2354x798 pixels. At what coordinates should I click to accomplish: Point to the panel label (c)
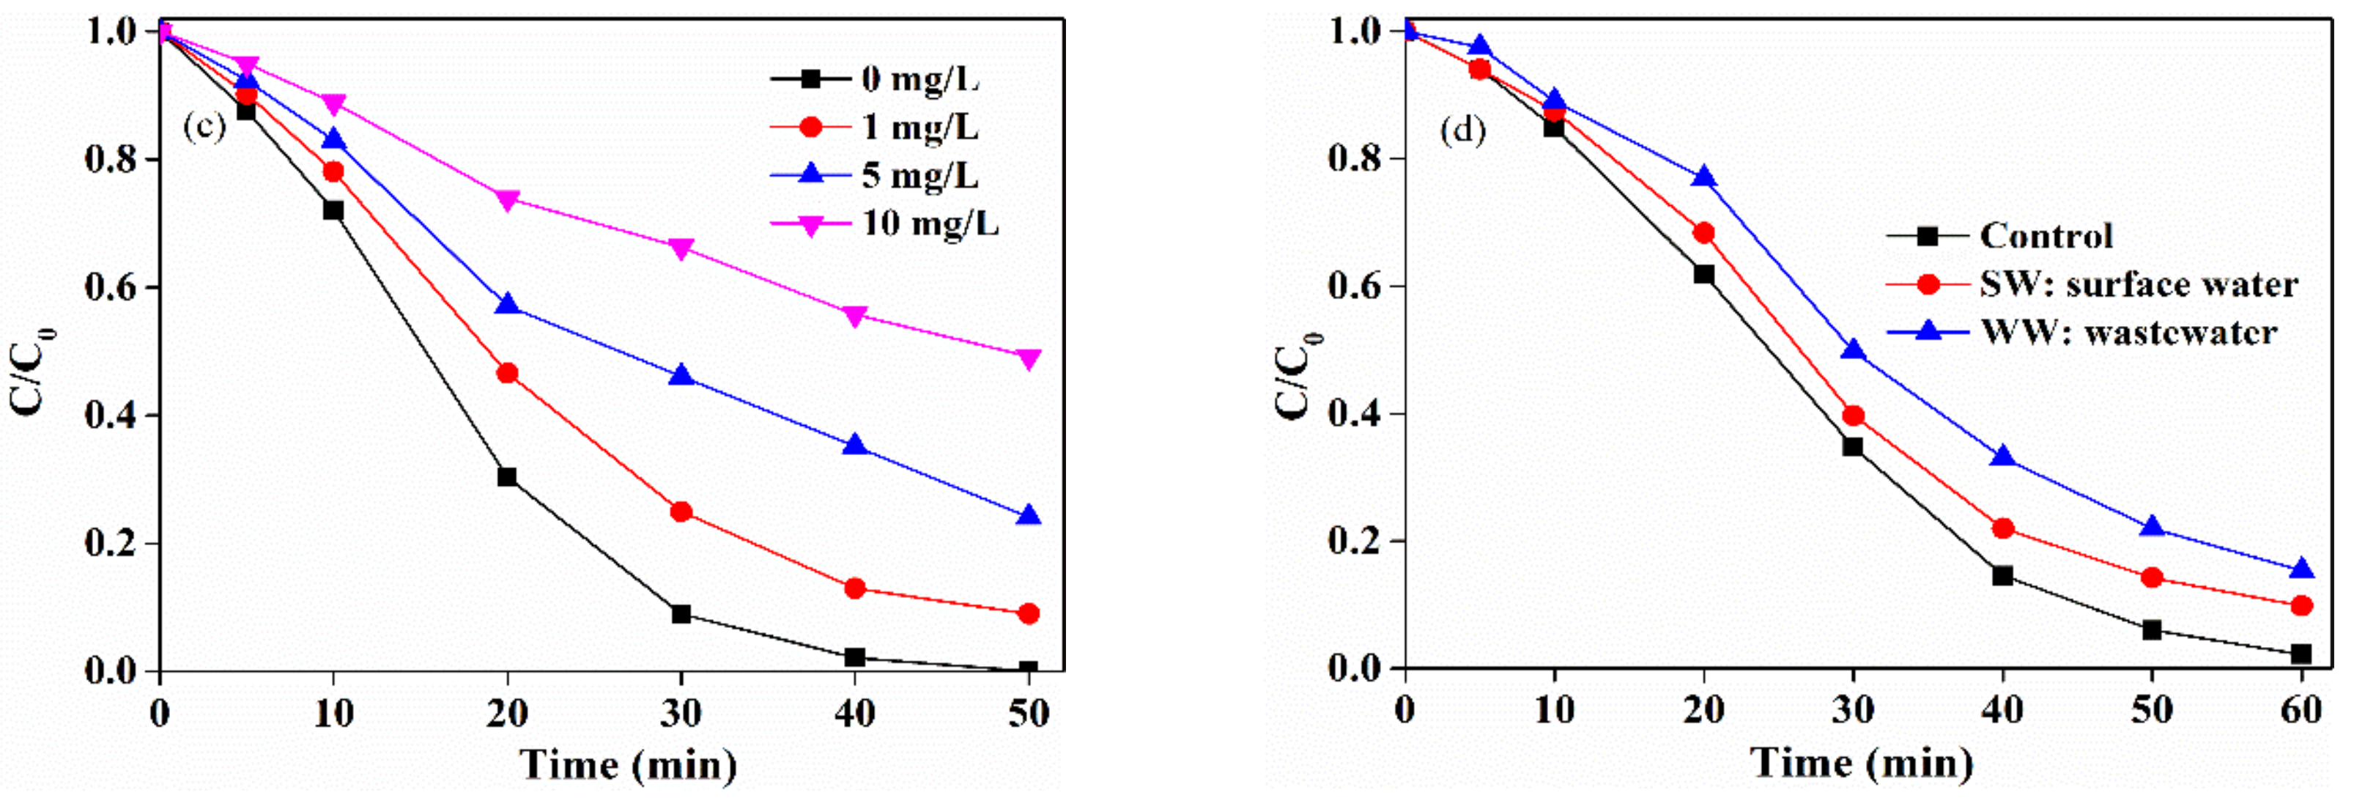pos(204,126)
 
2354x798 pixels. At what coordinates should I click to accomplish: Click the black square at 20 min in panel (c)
pos(507,477)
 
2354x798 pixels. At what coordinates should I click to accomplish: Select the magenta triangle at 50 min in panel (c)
pos(1028,359)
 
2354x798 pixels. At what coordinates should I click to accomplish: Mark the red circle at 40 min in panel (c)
pos(854,588)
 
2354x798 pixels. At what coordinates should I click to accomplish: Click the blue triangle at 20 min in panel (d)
pos(1703,177)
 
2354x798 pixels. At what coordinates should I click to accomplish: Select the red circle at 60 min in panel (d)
pos(2302,606)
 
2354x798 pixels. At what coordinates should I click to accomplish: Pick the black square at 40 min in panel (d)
pos(2002,576)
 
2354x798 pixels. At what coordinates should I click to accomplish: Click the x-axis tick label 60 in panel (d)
pos(2301,710)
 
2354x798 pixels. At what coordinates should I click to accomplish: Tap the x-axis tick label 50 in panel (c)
pos(1028,713)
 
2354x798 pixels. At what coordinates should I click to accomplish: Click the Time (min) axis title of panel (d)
pos(1862,762)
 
